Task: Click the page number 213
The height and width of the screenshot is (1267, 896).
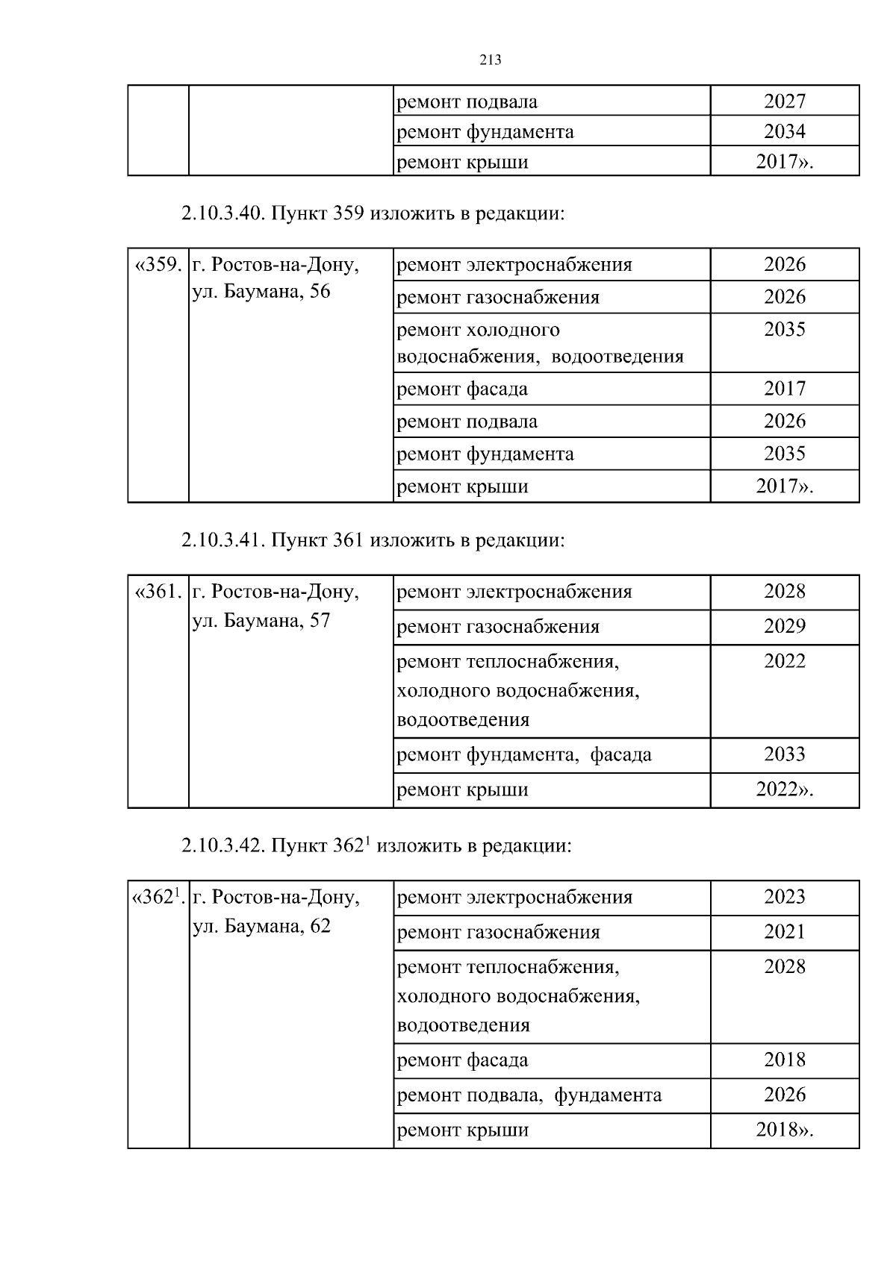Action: (x=490, y=60)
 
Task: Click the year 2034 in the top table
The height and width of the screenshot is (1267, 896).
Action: (x=784, y=131)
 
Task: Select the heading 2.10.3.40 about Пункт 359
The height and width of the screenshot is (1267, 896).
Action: (x=372, y=214)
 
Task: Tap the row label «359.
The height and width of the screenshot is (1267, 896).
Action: (x=158, y=265)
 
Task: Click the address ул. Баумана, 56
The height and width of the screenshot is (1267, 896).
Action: (x=261, y=292)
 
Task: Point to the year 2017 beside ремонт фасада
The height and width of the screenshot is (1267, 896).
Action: (x=784, y=389)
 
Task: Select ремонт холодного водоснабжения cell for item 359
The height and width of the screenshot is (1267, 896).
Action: (x=540, y=342)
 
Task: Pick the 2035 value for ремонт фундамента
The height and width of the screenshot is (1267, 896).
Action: (x=784, y=454)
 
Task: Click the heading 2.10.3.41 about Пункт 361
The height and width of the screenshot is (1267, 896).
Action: (x=373, y=540)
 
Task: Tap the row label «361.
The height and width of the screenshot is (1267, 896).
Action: (x=158, y=592)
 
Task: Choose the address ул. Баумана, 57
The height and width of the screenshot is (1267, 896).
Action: (x=261, y=620)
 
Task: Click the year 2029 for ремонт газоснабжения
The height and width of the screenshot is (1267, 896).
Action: (x=784, y=626)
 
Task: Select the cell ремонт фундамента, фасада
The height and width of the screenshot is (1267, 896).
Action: (x=523, y=754)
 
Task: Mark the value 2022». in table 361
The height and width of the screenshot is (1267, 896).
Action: (x=784, y=789)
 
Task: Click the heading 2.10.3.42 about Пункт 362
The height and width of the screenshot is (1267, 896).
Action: (x=376, y=846)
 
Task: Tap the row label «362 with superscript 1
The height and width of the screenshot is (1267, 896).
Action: (x=158, y=897)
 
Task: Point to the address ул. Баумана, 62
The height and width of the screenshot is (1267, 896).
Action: (x=261, y=926)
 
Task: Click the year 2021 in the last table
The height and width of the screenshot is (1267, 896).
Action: (x=784, y=932)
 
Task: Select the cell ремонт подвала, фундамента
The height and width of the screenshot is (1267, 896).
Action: (x=529, y=1095)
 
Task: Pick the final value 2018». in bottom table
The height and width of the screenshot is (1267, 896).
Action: (x=784, y=1130)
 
